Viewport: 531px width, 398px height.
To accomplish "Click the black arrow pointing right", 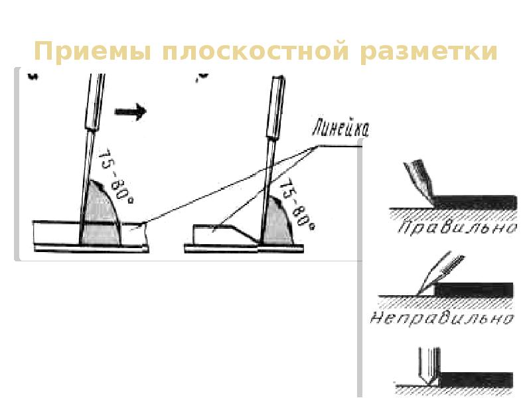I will click(130, 111).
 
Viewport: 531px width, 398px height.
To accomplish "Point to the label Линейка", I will click(339, 129).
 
